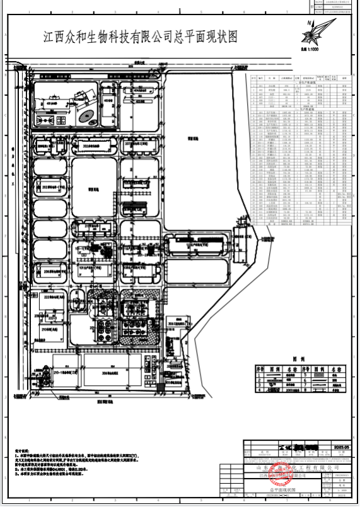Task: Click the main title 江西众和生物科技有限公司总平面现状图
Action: tap(140, 37)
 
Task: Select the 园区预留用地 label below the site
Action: tap(105, 401)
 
